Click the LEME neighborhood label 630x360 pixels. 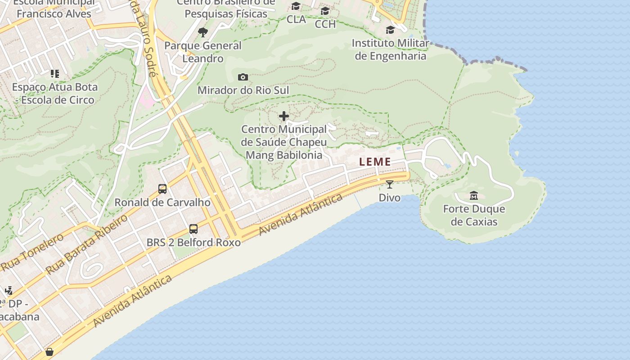point(375,162)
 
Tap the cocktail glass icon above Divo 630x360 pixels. point(390,184)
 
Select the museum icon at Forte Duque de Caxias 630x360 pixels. point(474,196)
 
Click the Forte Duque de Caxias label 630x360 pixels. point(474,215)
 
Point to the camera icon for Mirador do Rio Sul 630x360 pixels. point(243,77)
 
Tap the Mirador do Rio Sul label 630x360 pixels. point(243,90)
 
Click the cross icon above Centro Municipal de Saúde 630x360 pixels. point(284,117)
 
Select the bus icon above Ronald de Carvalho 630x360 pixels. point(162,189)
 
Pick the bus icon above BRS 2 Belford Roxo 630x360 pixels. point(193,229)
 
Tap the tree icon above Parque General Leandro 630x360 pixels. point(203,32)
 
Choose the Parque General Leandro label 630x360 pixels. point(203,52)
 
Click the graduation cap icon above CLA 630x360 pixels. point(296,6)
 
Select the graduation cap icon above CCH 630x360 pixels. point(325,11)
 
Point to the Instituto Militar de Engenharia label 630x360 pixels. point(391,49)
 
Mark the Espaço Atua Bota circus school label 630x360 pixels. point(55,93)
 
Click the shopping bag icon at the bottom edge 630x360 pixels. point(49,352)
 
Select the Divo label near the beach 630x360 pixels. point(390,198)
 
